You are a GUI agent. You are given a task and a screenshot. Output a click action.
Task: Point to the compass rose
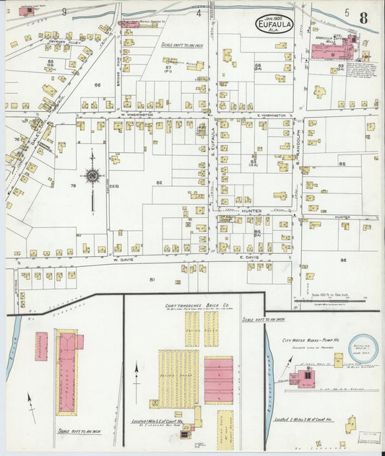(92, 175)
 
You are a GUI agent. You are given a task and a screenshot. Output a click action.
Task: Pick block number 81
(152, 279)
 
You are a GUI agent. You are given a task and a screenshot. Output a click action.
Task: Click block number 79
(73, 186)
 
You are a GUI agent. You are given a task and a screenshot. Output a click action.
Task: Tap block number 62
(158, 183)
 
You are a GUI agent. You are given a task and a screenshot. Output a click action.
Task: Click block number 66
(98, 85)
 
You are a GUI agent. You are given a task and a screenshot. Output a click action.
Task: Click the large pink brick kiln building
(218, 379)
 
